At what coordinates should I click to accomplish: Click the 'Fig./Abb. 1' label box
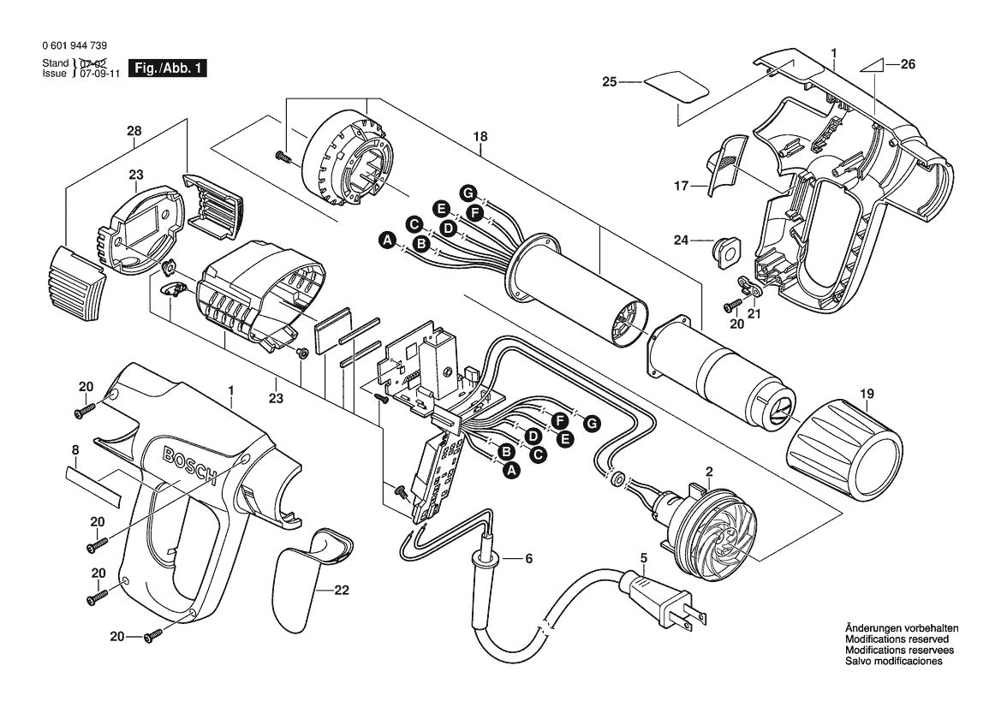pos(167,68)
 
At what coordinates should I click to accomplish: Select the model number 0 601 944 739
pos(74,45)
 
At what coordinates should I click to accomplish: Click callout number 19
pos(867,395)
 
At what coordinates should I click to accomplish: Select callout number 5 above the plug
pos(643,558)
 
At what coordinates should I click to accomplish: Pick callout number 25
pos(609,82)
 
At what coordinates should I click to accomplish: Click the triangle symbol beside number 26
pos(870,65)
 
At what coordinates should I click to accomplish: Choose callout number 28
pos(134,131)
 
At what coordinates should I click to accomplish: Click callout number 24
pos(680,241)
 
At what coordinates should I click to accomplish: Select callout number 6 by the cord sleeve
pos(528,559)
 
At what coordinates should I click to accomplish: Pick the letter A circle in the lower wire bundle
pos(511,470)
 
